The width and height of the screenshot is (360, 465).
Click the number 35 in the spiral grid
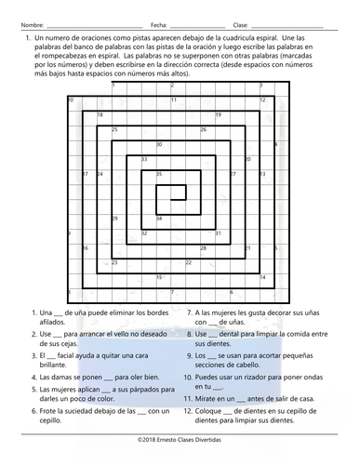159,174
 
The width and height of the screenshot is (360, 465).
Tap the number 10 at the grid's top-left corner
71,100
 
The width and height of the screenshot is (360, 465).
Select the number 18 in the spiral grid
100,115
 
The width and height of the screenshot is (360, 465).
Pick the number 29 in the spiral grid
114,219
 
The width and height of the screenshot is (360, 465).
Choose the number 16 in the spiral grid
85,248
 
